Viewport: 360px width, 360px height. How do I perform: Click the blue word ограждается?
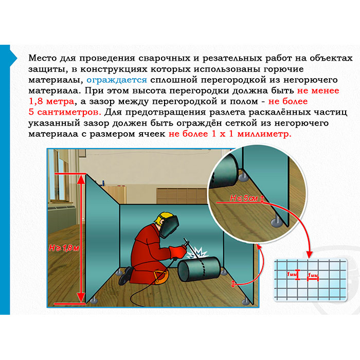coord(117,80)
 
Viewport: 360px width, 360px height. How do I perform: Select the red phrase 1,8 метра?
coord(51,101)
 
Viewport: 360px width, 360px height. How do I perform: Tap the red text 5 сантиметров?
coord(65,112)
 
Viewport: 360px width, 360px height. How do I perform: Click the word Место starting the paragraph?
coord(43,58)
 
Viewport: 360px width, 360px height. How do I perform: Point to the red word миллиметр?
coord(264,134)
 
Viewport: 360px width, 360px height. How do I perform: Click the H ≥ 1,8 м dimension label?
coord(64,248)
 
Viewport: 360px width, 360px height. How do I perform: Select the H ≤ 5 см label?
coord(244,198)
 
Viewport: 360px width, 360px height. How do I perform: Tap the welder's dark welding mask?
coord(169,227)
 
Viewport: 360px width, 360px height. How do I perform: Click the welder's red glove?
coord(178,251)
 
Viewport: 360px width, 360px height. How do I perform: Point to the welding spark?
coord(197,253)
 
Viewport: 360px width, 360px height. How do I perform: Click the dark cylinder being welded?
coord(200,269)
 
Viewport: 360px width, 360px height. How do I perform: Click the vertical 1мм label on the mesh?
coord(291,274)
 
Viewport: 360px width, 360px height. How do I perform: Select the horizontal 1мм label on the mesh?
coord(313,275)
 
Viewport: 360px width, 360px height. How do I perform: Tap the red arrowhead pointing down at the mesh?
coord(310,254)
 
